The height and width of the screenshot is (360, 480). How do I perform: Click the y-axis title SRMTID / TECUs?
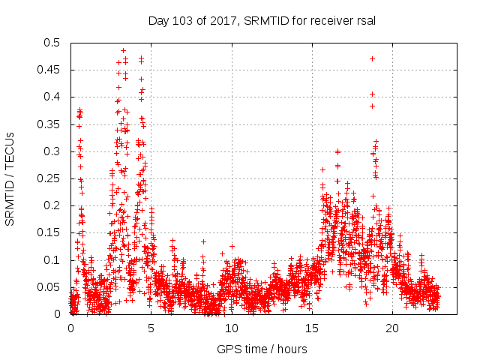(10, 178)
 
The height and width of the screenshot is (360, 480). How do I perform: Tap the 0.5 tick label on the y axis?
(53, 43)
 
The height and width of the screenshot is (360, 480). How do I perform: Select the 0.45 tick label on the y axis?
(50, 70)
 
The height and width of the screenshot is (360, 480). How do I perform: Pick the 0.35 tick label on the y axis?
(50, 124)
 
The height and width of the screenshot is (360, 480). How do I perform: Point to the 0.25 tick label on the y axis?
(50, 178)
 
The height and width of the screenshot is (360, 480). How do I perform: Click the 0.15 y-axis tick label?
(50, 233)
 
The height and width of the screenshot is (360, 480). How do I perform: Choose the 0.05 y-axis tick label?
(50, 287)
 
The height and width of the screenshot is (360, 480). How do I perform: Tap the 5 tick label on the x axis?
(151, 328)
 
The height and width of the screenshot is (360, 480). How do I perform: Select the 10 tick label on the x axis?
(232, 328)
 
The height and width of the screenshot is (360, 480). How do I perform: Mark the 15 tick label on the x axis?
(312, 328)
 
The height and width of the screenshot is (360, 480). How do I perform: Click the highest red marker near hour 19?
(373, 58)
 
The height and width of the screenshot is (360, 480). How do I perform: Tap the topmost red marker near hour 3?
(123, 51)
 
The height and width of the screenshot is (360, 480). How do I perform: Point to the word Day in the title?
(157, 21)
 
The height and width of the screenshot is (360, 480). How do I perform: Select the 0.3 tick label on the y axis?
(53, 151)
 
